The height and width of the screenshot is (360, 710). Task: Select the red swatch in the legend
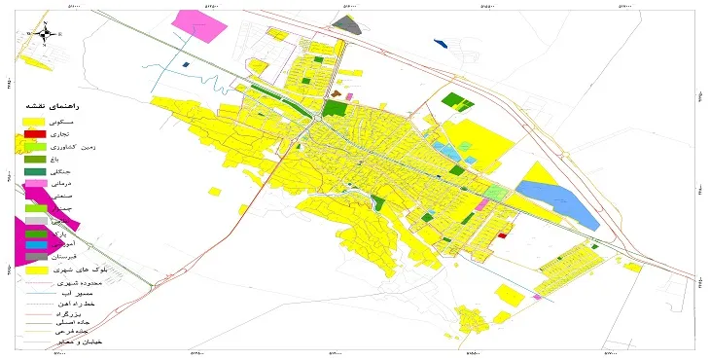coord(35,132)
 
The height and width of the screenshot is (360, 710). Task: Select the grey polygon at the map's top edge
coord(353,25)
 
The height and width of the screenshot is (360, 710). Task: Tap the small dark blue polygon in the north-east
coord(440,43)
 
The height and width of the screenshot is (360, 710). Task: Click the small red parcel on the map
coord(502,234)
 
